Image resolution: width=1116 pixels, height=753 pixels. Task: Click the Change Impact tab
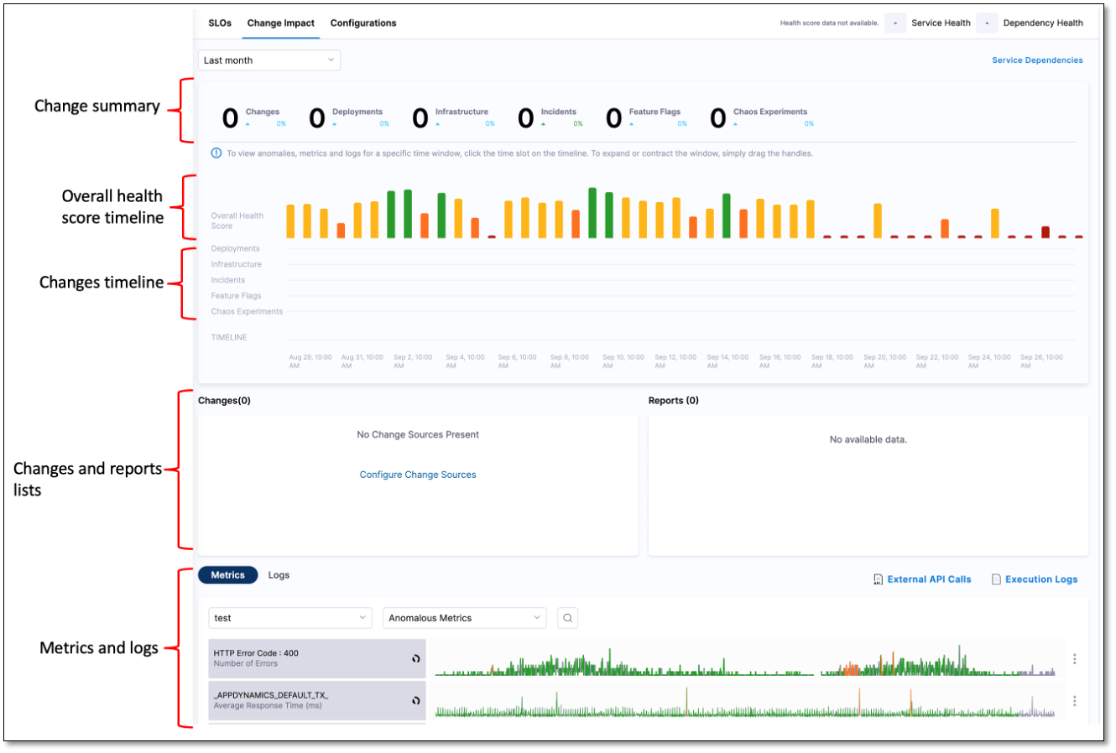tap(280, 23)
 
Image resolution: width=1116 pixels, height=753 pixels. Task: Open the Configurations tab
tap(362, 23)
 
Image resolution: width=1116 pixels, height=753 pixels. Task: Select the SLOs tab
tap(220, 23)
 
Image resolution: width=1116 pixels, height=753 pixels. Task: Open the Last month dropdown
tap(269, 60)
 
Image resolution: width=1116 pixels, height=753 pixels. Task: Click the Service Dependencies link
tap(1037, 60)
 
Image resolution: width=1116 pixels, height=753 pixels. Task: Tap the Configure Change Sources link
tap(418, 475)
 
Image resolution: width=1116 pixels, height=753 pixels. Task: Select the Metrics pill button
tap(227, 575)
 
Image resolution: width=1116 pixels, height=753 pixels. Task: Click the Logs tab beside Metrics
tap(279, 575)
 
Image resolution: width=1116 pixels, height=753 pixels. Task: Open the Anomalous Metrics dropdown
tap(464, 618)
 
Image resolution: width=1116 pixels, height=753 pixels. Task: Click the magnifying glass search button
tap(568, 618)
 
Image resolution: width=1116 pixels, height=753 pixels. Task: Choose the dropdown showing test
tap(289, 618)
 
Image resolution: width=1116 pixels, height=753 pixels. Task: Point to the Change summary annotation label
tap(97, 106)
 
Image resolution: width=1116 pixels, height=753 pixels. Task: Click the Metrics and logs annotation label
tap(99, 648)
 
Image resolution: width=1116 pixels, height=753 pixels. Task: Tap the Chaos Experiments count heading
tap(769, 112)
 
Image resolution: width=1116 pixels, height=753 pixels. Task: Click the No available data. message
tap(868, 439)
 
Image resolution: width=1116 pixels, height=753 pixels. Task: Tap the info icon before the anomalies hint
tap(216, 153)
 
